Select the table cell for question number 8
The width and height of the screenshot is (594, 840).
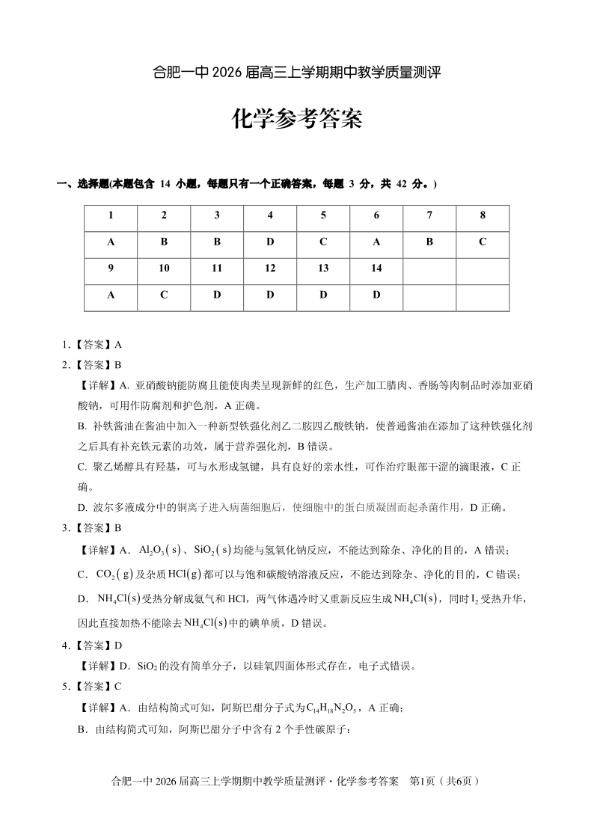click(x=483, y=215)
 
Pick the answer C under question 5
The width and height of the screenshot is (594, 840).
click(x=323, y=242)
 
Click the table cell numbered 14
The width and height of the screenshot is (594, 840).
click(x=376, y=269)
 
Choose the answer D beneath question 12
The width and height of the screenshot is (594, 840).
click(x=270, y=295)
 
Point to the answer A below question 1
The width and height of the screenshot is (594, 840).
click(x=111, y=242)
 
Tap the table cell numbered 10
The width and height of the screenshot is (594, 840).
click(x=164, y=269)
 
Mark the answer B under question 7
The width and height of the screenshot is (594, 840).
click(x=429, y=242)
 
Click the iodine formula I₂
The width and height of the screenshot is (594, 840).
click(x=474, y=598)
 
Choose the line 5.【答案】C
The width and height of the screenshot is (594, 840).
click(x=92, y=686)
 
